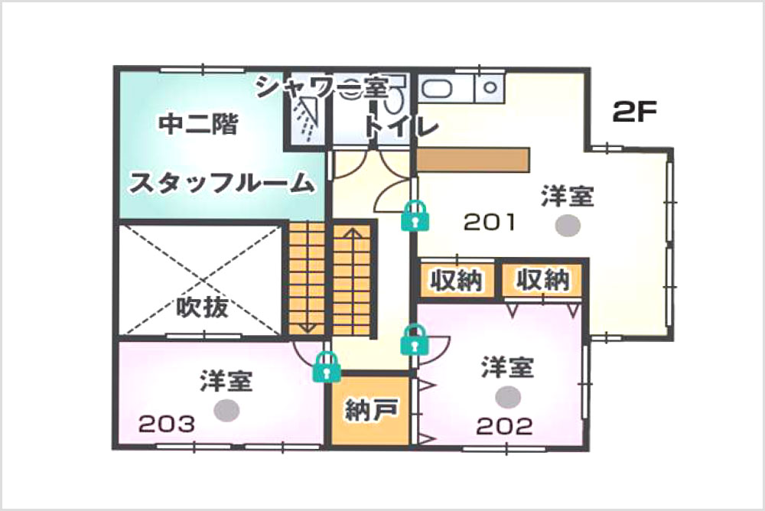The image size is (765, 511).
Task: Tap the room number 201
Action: [490, 223]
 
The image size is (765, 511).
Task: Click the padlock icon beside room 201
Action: [415, 216]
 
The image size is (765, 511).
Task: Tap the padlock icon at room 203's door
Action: [327, 367]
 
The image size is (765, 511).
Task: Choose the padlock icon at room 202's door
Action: [414, 340]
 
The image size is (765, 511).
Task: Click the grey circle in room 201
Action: [567, 225]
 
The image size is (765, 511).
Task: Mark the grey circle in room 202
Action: [506, 396]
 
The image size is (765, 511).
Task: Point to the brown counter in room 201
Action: [473, 159]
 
